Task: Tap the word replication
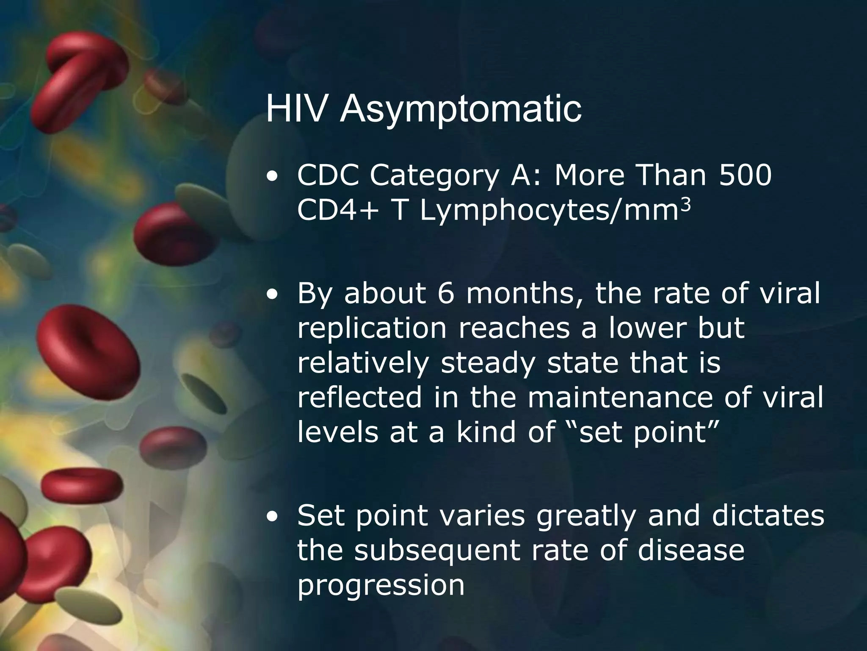pos(372,328)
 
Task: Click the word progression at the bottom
pos(381,586)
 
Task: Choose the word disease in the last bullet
pos(690,551)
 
